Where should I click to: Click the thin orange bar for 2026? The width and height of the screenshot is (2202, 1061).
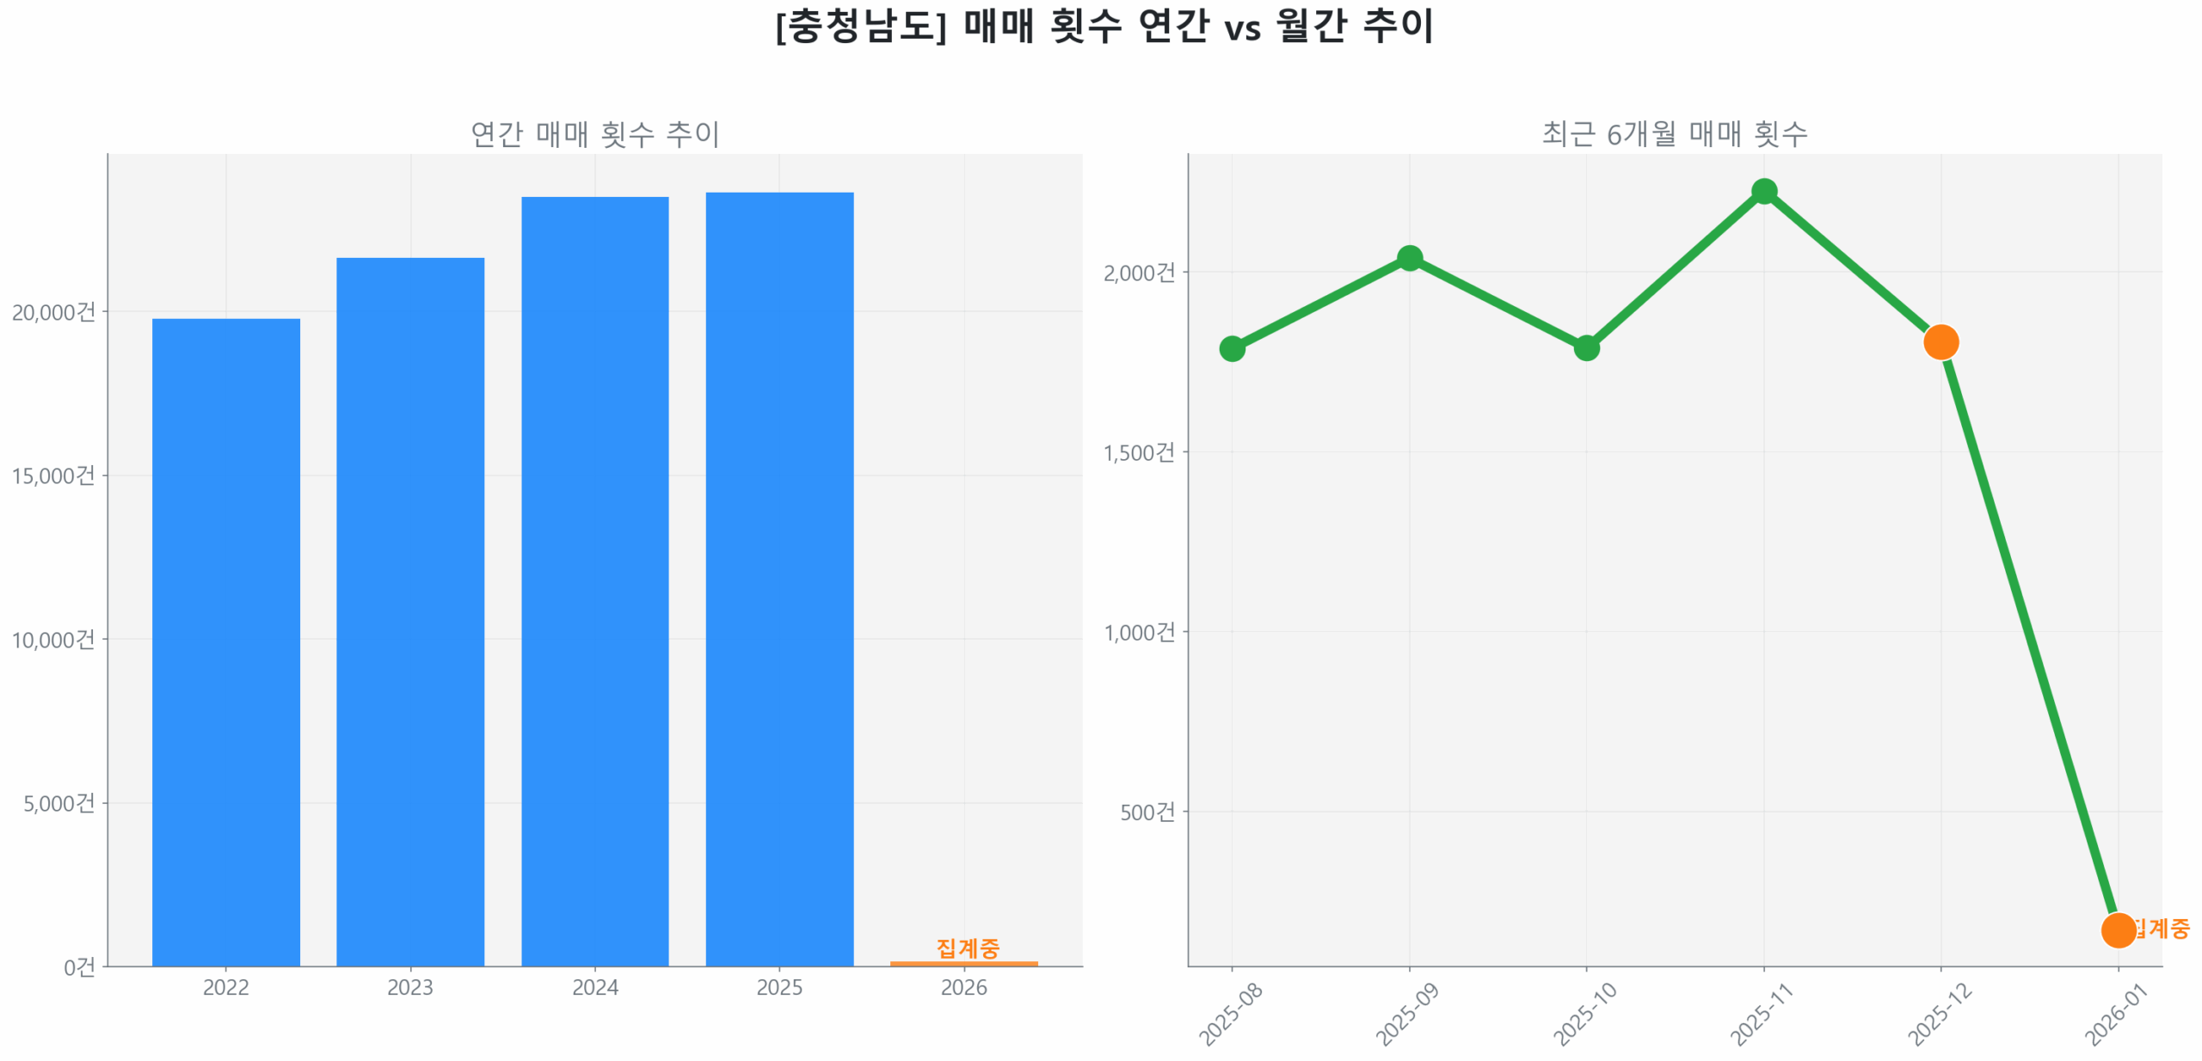[963, 963]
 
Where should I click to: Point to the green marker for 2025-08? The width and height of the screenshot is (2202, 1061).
[1231, 348]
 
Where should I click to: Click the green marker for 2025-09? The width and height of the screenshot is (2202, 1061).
[1408, 258]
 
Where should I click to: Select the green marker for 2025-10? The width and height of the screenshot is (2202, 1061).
[1585, 347]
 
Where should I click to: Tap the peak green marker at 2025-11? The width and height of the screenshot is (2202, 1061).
[1763, 191]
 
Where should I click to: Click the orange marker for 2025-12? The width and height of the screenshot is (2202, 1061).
[1940, 342]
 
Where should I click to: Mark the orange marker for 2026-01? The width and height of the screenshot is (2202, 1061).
[2117, 929]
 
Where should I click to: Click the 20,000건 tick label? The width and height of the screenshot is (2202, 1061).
[53, 312]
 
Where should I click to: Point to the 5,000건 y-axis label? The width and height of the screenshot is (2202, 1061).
[58, 803]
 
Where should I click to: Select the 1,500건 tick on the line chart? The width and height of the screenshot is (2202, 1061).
[1138, 452]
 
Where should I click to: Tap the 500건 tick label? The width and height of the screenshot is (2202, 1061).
[1146, 812]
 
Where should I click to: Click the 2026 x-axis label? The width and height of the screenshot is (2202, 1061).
[963, 987]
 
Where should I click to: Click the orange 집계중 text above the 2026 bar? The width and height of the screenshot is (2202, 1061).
[967, 948]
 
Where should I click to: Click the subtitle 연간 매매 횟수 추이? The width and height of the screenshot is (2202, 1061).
[594, 134]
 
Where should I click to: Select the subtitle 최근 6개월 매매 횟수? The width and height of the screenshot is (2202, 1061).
[1673, 134]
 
